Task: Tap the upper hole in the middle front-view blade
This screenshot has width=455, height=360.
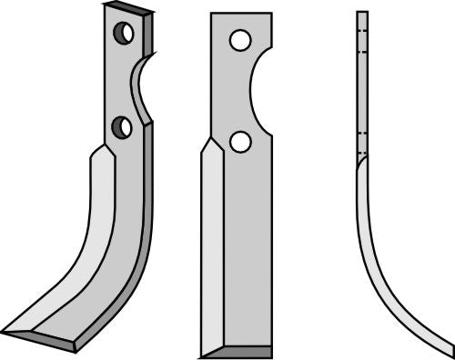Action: pyautogui.click(x=240, y=41)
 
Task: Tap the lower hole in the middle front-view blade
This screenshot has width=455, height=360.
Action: pyautogui.click(x=240, y=142)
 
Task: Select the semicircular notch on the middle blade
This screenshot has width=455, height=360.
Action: pyautogui.click(x=258, y=91)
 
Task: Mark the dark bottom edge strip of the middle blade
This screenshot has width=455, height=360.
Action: pyautogui.click(x=236, y=351)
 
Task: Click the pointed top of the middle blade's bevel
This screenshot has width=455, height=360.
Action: pyautogui.click(x=211, y=138)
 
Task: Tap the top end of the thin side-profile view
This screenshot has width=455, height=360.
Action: pyautogui.click(x=361, y=14)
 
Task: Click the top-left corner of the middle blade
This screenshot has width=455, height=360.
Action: pyautogui.click(x=211, y=14)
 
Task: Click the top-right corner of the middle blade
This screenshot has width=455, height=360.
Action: pyautogui.click(x=271, y=14)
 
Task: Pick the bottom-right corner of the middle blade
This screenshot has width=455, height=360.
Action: pyautogui.click(x=271, y=355)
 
